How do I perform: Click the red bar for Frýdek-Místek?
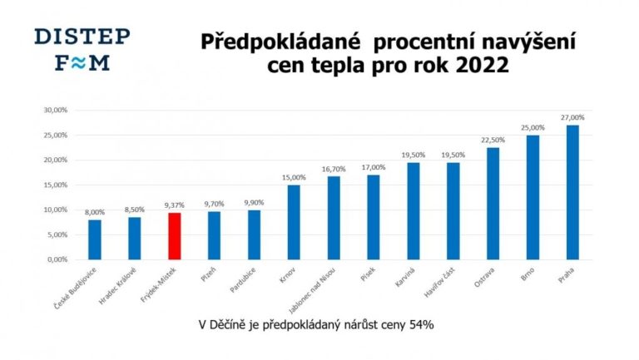click(x=175, y=236)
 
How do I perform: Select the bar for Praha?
click(x=572, y=192)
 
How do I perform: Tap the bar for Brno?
click(x=532, y=197)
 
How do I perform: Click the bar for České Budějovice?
click(x=95, y=239)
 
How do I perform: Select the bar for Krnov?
click(x=294, y=222)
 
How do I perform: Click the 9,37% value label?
click(x=175, y=205)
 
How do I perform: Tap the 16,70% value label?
click(x=334, y=169)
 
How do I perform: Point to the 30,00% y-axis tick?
click(x=55, y=110)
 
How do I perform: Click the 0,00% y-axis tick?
click(x=57, y=259)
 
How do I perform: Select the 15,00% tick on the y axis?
click(x=55, y=185)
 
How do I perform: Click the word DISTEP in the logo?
click(x=82, y=37)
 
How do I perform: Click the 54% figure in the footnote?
click(x=421, y=324)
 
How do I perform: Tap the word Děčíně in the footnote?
click(x=241, y=324)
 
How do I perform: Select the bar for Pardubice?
click(x=255, y=234)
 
